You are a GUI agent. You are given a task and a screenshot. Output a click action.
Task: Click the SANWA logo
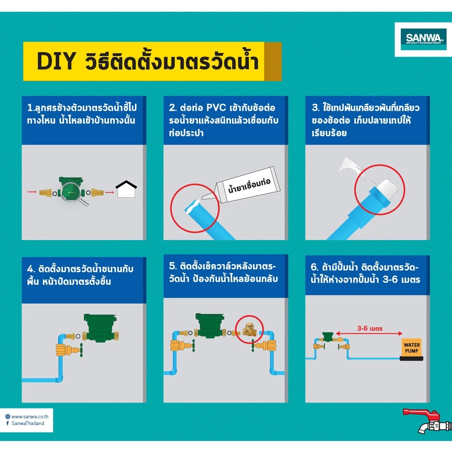pos(423,39)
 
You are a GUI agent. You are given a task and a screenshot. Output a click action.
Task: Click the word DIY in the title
pos(56,61)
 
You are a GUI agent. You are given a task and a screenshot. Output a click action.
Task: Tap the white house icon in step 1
pos(126,189)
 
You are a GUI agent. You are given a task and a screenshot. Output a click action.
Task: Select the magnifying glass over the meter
pos(74,194)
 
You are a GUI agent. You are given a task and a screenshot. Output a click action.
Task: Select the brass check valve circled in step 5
pos(249,330)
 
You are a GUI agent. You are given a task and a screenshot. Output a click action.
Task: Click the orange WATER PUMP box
pos(411,348)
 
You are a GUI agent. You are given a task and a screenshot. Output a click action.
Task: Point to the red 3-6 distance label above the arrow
pos(370,328)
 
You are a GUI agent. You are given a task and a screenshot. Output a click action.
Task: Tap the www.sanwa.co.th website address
pos(30,417)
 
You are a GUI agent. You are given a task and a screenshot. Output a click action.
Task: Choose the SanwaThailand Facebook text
pos(28,423)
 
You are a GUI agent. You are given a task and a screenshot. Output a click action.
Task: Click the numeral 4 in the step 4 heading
pos(30,269)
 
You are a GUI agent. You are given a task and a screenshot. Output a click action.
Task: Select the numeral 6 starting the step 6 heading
pos(314,267)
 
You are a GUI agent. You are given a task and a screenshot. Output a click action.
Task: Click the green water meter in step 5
pos(210,325)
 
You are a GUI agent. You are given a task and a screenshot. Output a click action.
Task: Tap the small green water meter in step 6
pos(328,336)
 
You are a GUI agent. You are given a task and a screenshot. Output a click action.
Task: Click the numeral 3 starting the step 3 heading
pos(314,108)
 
